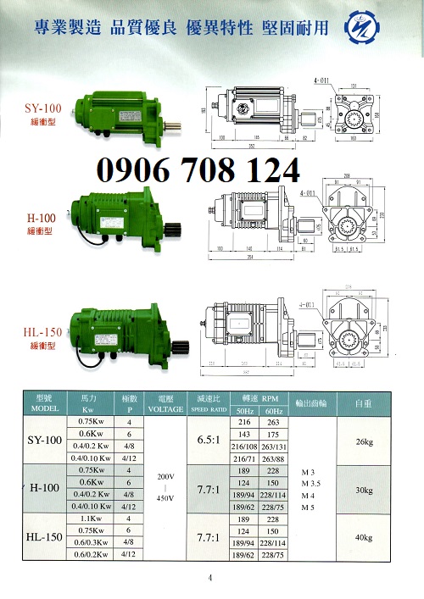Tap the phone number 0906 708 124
(x=198, y=170)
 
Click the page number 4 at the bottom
(x=210, y=579)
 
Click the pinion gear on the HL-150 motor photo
(x=184, y=347)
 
